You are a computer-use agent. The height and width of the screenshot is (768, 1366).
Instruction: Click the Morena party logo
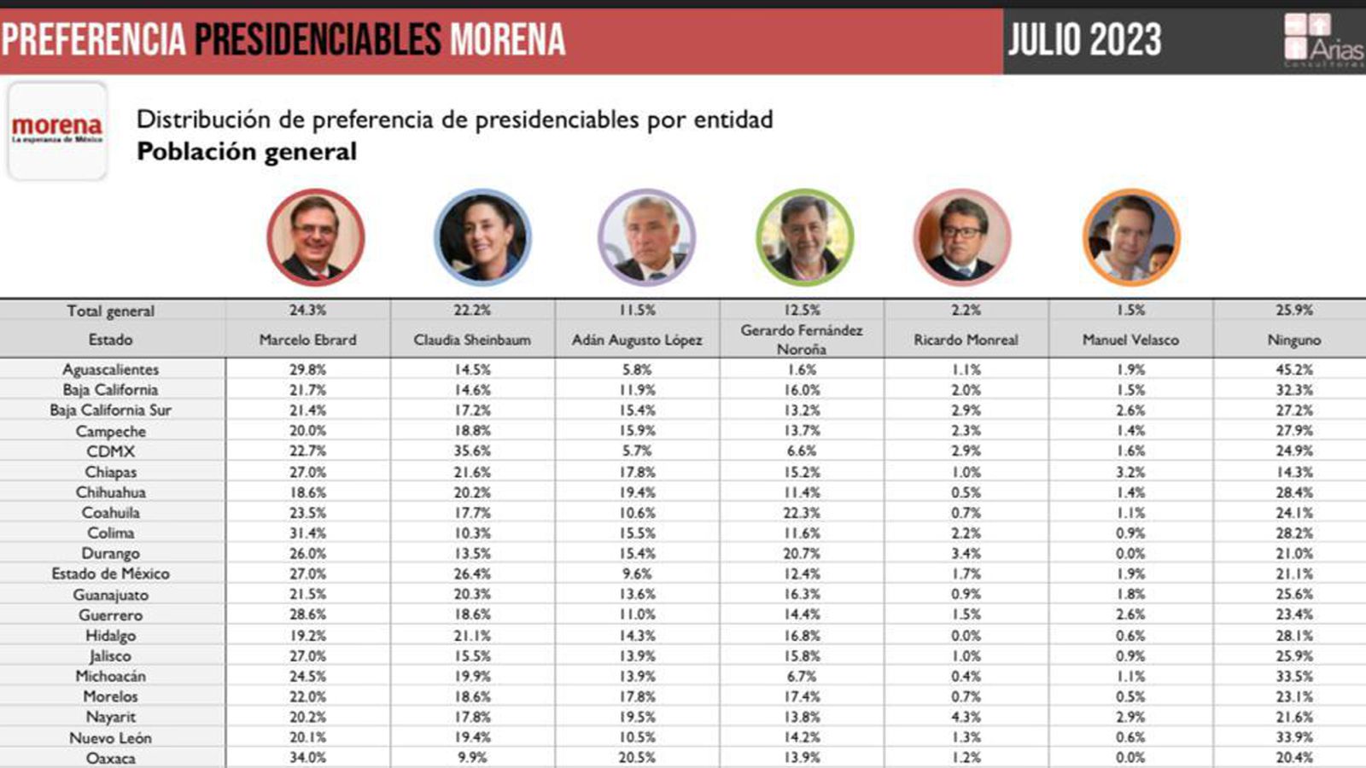(x=57, y=131)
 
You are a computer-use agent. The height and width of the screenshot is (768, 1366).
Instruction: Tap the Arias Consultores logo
(x=1323, y=40)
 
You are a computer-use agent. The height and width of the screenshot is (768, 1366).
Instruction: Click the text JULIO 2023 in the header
(x=1085, y=40)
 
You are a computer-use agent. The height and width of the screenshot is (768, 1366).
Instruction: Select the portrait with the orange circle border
(x=1131, y=237)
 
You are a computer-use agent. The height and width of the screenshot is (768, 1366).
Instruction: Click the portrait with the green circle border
(x=804, y=237)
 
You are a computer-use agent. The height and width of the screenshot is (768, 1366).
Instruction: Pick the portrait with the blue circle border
(x=482, y=237)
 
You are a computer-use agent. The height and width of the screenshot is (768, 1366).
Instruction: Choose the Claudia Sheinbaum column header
(x=472, y=340)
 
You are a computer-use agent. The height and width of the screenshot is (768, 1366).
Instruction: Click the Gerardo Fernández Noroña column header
(x=802, y=340)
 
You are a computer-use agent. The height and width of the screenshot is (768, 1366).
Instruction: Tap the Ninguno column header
(x=1294, y=340)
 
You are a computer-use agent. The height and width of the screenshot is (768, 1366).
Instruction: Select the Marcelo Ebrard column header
(x=307, y=340)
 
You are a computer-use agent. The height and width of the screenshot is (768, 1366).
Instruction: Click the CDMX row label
(x=110, y=451)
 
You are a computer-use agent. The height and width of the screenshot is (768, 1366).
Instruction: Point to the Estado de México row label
(x=110, y=573)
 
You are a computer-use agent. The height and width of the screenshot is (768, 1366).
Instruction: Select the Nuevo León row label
(x=110, y=737)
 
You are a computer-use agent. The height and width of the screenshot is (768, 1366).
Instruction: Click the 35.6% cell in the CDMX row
(x=472, y=451)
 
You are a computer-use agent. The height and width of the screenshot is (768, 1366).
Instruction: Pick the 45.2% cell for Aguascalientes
(x=1294, y=369)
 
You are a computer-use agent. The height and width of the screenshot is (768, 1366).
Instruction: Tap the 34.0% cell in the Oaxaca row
(x=307, y=758)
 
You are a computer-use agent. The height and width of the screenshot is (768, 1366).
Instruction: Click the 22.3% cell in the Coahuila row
(x=802, y=513)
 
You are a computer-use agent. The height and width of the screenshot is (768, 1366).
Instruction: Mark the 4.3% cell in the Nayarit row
(x=966, y=717)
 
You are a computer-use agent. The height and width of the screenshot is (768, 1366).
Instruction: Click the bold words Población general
(x=247, y=152)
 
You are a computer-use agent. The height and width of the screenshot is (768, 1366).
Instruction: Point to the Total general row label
(x=110, y=311)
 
